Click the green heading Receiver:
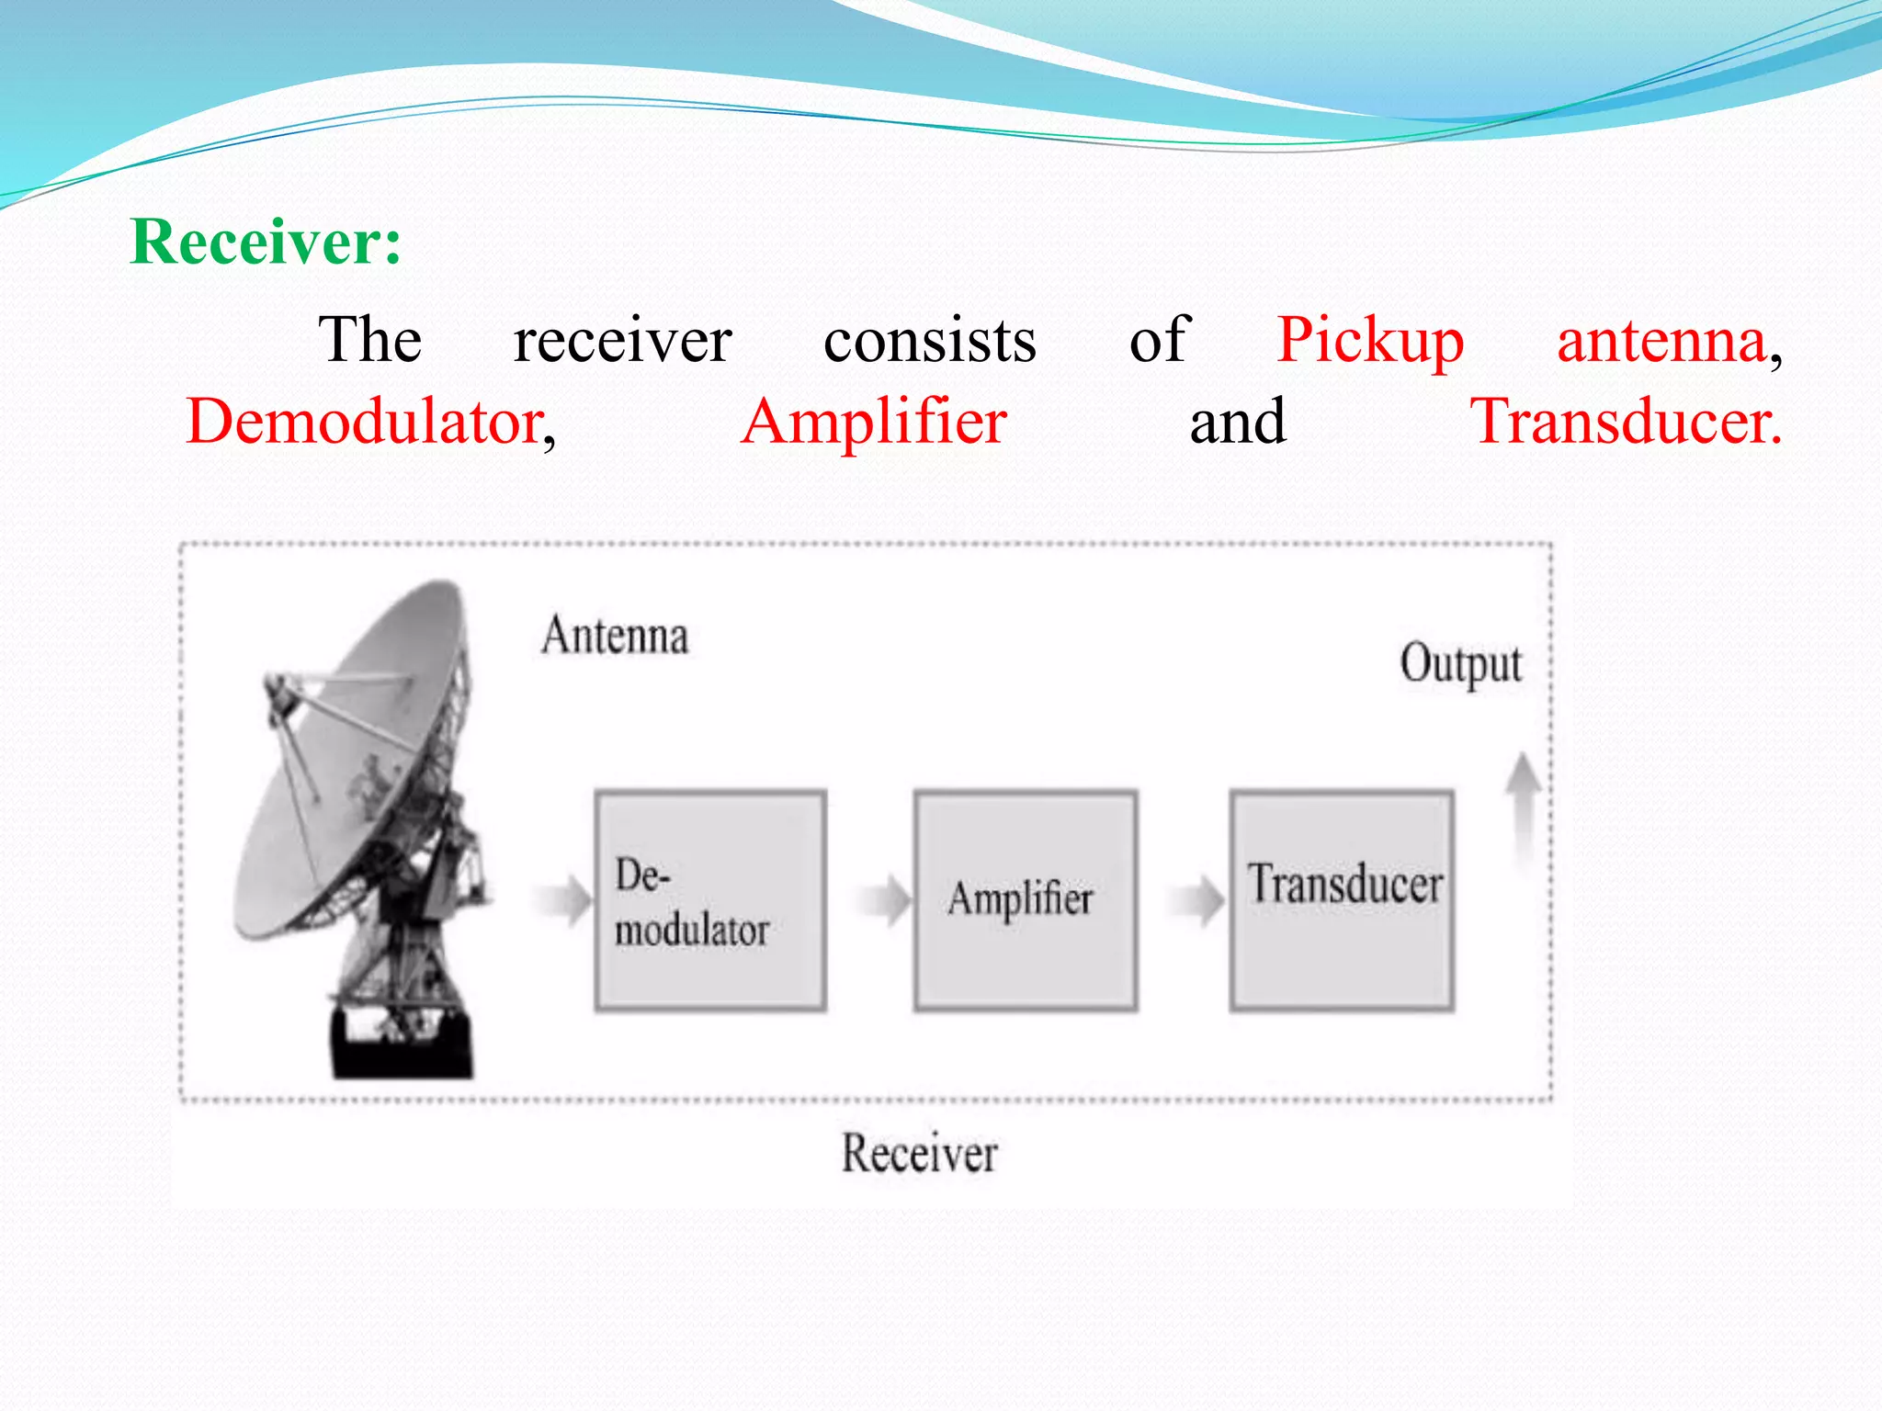point(266,242)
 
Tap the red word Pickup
point(1369,342)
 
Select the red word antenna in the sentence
point(1661,341)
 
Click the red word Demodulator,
point(370,422)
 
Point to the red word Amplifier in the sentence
point(874,422)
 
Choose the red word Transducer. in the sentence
point(1626,422)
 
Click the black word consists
point(930,341)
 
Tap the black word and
point(1238,423)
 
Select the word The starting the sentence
point(369,340)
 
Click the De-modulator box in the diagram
point(710,901)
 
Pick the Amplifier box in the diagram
point(1026,901)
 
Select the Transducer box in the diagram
point(1343,901)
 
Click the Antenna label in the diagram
point(615,636)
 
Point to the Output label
point(1460,664)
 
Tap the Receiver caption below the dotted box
point(920,1154)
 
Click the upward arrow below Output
point(1523,808)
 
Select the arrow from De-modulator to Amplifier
point(885,899)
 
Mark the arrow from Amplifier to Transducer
point(1197,899)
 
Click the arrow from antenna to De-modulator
point(563,899)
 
